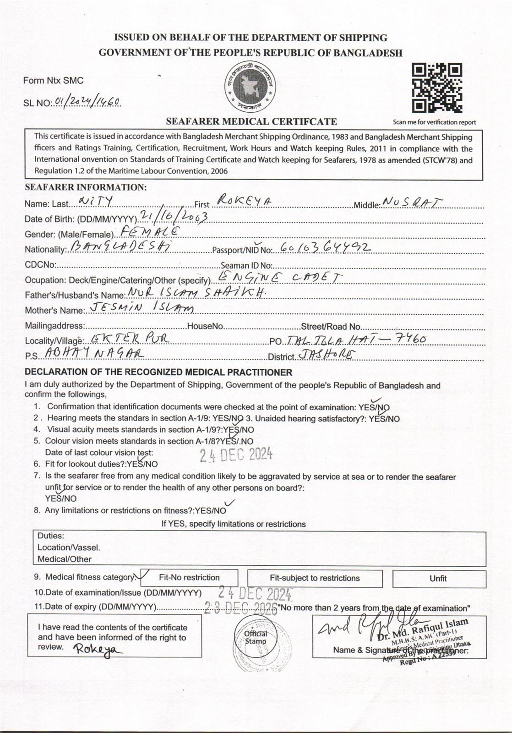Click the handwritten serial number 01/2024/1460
pos(87,102)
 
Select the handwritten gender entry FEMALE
pos(148,231)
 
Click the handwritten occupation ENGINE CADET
pos(279,277)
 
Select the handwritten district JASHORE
pos(327,354)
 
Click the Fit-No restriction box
pos(189,578)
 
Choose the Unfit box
pos(438,579)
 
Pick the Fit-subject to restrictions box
pos(315,578)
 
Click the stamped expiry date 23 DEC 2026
pos(241,608)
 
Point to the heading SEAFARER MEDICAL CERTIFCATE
pos(251,121)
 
